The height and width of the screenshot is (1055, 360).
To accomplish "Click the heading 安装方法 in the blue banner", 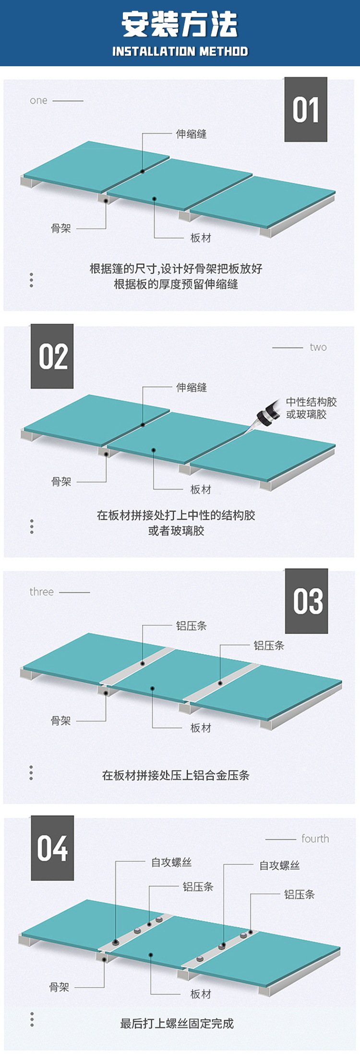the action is (x=180, y=24).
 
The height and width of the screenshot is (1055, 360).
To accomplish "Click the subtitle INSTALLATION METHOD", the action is (x=180, y=51).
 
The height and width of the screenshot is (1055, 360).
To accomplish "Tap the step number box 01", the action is (x=306, y=110).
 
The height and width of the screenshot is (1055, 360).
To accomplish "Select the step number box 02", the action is (x=52, y=357).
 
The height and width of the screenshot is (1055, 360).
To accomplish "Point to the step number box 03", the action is (x=307, y=601).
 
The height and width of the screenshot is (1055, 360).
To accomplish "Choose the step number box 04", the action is (x=52, y=848).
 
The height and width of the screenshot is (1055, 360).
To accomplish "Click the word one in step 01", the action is (x=38, y=101).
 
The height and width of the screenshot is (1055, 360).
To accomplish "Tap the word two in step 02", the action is (x=318, y=348).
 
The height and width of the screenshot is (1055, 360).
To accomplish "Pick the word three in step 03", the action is (x=41, y=592).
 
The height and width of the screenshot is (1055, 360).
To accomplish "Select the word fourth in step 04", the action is (x=315, y=839).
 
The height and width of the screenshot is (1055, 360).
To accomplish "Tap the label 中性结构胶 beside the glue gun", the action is (x=311, y=402).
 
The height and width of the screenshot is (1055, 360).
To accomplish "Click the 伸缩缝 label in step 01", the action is (x=191, y=134).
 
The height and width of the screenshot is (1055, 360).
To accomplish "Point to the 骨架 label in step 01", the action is (x=61, y=228).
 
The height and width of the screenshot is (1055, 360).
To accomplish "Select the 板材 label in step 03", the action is (x=201, y=728).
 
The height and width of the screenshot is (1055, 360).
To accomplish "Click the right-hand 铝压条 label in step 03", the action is (x=269, y=646).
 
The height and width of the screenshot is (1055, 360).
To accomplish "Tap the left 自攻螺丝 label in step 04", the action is (x=171, y=863).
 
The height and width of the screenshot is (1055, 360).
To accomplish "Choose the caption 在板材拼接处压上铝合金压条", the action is (x=176, y=775).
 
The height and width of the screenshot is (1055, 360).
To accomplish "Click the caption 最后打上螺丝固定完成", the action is (x=177, y=1024).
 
